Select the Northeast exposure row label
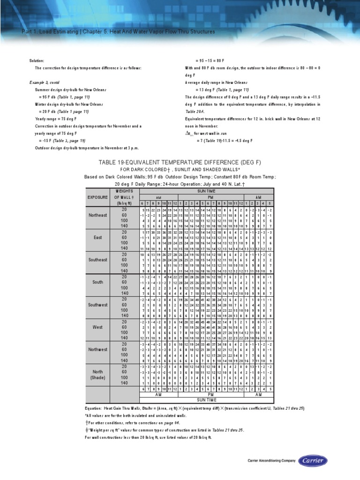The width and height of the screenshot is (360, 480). [97, 215]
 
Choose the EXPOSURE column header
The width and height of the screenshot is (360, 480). [97, 197]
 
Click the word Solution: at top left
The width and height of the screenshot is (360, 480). [36, 60]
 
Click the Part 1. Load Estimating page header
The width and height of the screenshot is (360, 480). [119, 31]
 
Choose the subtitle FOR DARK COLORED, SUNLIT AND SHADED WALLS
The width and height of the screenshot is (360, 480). [180, 170]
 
